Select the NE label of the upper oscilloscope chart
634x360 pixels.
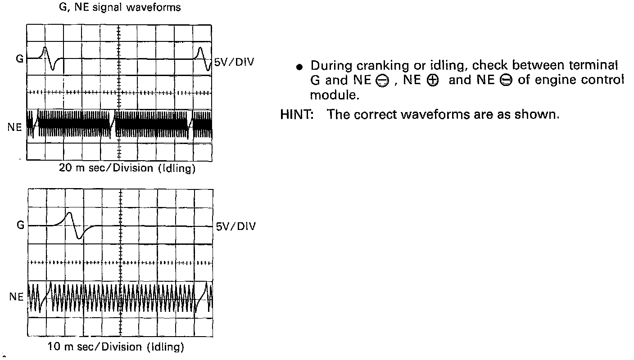14,127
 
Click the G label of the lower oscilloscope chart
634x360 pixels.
20,225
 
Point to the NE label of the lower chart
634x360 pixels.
16,297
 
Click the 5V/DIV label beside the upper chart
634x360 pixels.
234,62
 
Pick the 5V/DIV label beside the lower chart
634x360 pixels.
235,226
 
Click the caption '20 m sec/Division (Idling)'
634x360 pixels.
127,168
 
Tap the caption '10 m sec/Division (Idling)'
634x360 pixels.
116,347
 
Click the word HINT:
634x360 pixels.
297,114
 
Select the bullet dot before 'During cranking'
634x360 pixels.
299,67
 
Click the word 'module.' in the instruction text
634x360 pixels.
334,95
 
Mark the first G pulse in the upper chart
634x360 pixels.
48,58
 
